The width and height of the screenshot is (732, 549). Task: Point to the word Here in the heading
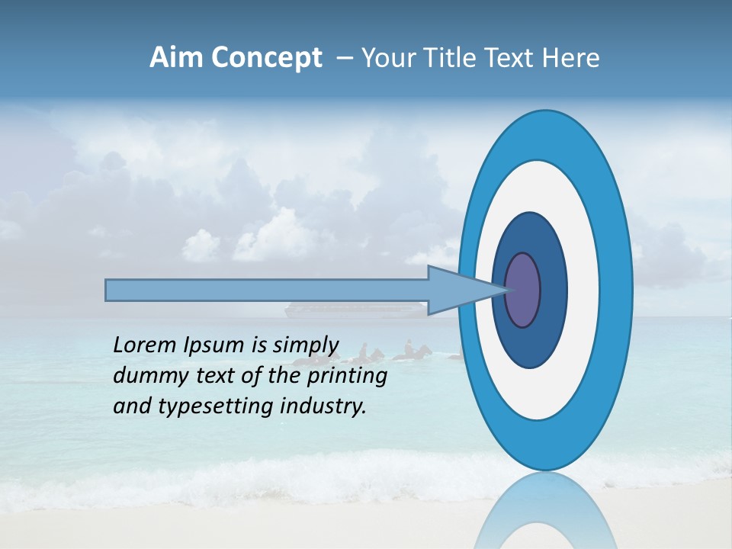click(572, 58)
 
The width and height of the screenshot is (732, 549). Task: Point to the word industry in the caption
click(324, 406)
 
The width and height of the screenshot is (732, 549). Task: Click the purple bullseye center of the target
click(522, 290)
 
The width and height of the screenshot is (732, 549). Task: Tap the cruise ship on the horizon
click(353, 309)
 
